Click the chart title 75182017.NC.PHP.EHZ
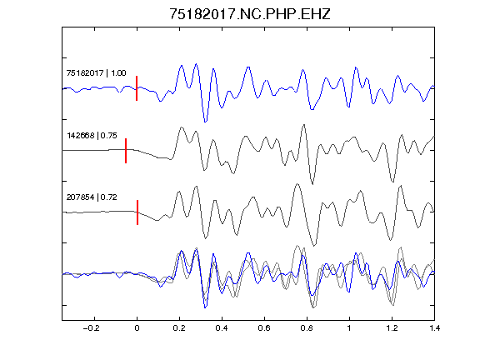[250, 14]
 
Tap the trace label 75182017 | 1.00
[96, 73]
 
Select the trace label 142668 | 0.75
[92, 135]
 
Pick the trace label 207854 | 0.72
[92, 197]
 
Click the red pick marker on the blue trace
[137, 88]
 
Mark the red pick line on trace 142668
[126, 151]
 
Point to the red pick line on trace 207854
[137, 212]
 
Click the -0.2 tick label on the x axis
[91, 328]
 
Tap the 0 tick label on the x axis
[137, 328]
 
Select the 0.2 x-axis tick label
[179, 328]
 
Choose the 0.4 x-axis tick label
[222, 328]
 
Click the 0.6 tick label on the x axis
[264, 328]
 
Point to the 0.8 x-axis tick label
[307, 328]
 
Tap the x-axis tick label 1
[349, 328]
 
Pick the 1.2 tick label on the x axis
[392, 328]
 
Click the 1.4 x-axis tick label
[434, 328]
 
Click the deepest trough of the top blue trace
[205, 122]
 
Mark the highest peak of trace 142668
[303, 125]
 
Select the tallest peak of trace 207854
[297, 184]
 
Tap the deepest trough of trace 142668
[312, 184]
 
